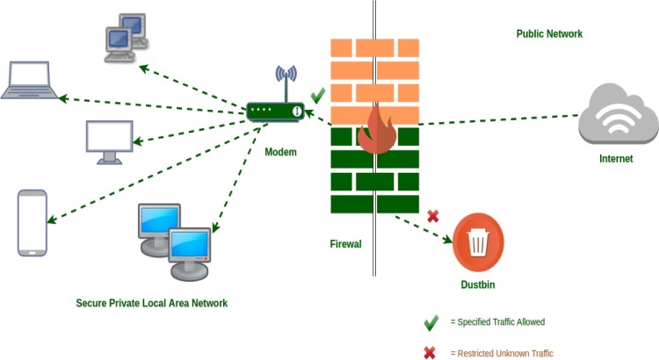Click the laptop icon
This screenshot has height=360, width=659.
[32, 81]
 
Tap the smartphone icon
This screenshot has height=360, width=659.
[33, 223]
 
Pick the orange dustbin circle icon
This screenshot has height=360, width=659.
[477, 242]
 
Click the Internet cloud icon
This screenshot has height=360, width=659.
[618, 115]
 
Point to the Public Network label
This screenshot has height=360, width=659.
[549, 34]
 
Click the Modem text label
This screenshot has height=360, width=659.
[280, 152]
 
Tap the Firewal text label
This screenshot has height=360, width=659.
[345, 244]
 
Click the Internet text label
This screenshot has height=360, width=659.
[615, 159]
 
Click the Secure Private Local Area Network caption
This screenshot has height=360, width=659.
[152, 303]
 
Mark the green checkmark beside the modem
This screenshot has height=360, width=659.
[318, 95]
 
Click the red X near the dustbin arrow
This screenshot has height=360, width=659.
[432, 216]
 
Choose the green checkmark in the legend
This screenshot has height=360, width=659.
[431, 323]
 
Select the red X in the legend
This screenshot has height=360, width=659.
[431, 352]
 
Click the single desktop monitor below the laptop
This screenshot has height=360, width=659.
[110, 141]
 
